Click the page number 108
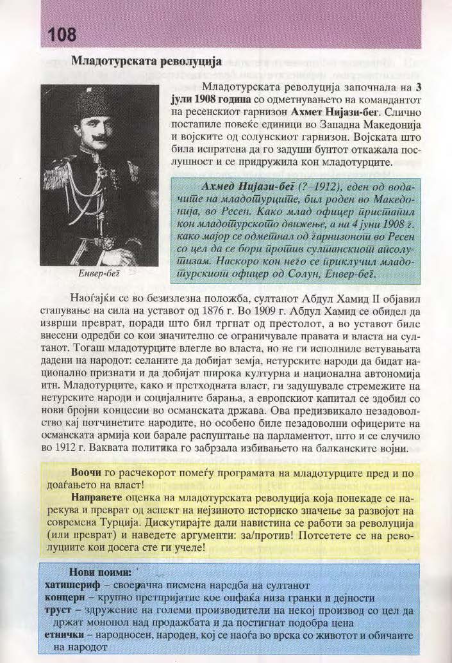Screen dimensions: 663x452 coord(58,33)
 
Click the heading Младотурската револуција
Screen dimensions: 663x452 coord(146,62)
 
